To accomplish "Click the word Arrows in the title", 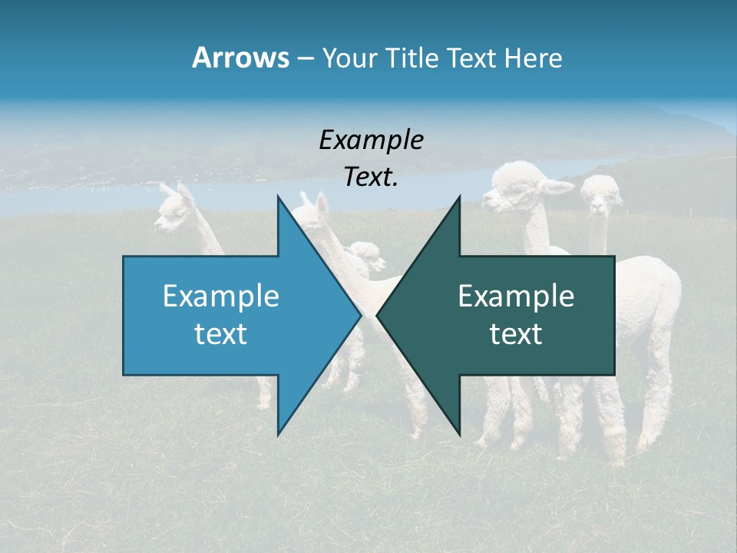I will point(240,58).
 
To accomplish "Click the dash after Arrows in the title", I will point(305,58).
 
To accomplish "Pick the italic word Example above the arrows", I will point(371,140).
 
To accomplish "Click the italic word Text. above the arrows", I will point(371,177).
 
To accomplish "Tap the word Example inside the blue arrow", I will point(221,296).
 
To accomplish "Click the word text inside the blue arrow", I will point(221,334).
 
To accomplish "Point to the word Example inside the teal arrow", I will point(516,296).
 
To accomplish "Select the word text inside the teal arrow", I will point(516,334).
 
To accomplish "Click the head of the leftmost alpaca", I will point(172,210).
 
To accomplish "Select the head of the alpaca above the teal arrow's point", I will point(519,184).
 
